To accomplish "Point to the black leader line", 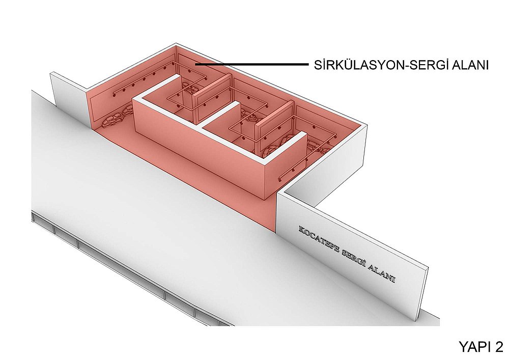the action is point(252,65).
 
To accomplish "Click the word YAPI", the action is point(473,346).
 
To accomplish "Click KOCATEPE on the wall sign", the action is point(318,241).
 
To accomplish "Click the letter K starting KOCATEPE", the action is point(301,229).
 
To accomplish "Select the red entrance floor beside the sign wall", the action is point(257,211).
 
